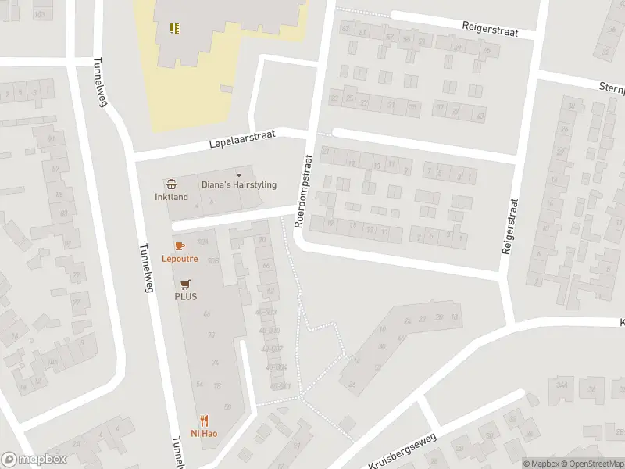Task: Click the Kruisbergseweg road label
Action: [x=400, y=453]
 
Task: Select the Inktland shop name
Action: [x=171, y=197]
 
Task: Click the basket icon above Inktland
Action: [x=171, y=184]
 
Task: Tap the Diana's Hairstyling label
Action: [x=239, y=185]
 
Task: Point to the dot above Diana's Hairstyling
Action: [x=239, y=174]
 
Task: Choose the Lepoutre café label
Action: [x=180, y=258]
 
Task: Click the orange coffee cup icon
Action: [x=180, y=245]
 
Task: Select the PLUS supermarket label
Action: [x=185, y=296]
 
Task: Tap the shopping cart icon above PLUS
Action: [x=185, y=284]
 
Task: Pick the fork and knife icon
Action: [x=205, y=420]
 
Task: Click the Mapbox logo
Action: [x=33, y=460]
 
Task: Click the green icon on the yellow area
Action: [x=175, y=29]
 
